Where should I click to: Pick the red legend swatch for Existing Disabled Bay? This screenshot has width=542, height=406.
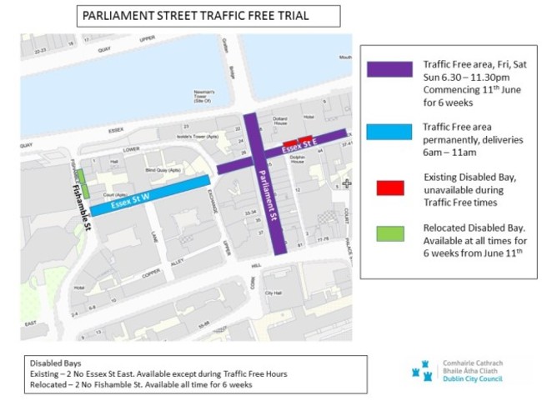click(390, 188)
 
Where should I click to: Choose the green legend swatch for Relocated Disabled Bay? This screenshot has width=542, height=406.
click(390, 233)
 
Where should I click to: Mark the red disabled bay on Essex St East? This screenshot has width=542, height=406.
click(305, 138)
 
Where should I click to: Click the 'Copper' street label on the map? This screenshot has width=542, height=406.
click(128, 273)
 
